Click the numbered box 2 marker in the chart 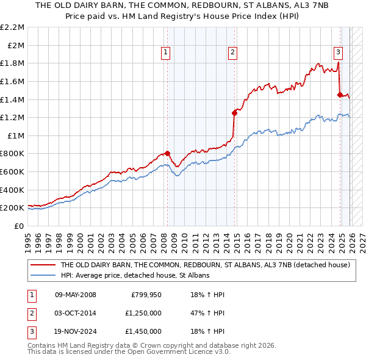click(x=232, y=53)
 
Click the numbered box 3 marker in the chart click(x=338, y=53)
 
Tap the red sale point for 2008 click(x=168, y=154)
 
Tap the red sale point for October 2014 click(x=234, y=113)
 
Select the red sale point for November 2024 click(x=340, y=95)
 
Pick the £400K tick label click(x=13, y=190)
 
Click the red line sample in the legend click(x=43, y=265)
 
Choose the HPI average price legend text click(x=135, y=276)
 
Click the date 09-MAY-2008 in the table click(x=76, y=295)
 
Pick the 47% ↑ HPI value click(x=207, y=313)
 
